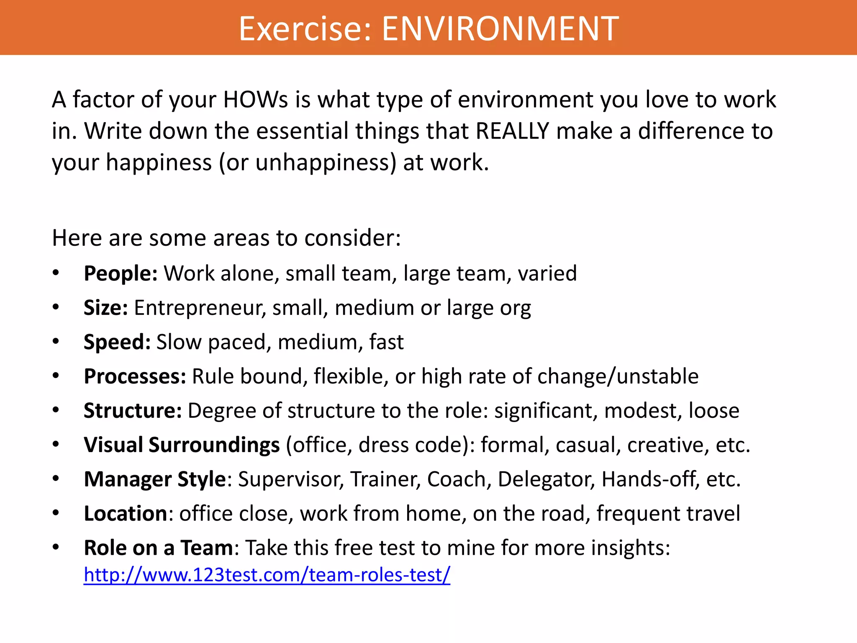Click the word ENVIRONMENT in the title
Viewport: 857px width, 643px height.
[x=500, y=28]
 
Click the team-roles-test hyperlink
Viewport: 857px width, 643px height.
[x=267, y=575]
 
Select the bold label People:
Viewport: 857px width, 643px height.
[x=121, y=273]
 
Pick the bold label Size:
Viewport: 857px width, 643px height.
[x=105, y=308]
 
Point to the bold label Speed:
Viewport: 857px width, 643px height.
[x=117, y=342]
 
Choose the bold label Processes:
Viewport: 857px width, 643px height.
[x=135, y=376]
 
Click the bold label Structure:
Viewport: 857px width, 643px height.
[x=133, y=411]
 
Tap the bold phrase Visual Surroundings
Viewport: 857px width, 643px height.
[x=182, y=445]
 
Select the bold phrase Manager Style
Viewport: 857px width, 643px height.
[x=155, y=479]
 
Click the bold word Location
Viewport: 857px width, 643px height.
[x=126, y=514]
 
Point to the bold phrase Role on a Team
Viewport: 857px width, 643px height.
[x=158, y=548]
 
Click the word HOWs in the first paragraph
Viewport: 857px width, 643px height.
[x=256, y=100]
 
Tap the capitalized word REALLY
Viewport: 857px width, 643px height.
[x=512, y=131]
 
